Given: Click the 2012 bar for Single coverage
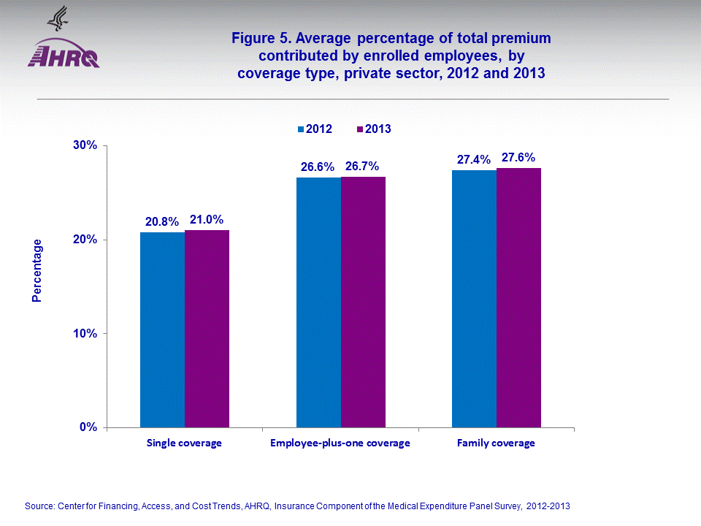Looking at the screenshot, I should [x=163, y=329].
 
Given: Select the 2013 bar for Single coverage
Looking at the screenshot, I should [x=207, y=329].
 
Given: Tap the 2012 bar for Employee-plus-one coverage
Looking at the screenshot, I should [x=318, y=302].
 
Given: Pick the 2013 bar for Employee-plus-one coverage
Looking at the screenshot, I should [x=363, y=302].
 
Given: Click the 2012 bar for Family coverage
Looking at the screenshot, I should [x=474, y=299].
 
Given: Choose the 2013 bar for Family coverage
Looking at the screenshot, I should [x=518, y=297].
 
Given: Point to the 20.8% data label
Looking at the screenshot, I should [x=161, y=221].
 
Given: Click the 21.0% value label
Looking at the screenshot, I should [x=207, y=219].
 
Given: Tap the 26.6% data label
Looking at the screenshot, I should [x=318, y=167].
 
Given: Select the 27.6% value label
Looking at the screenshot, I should [x=518, y=157].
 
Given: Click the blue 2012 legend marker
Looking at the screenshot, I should [x=300, y=129].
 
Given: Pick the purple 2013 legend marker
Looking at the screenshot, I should [x=360, y=129].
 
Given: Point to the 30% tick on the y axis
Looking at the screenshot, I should [x=85, y=145].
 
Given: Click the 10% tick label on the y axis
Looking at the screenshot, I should [x=85, y=334].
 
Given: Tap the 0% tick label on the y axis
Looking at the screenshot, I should [x=88, y=427].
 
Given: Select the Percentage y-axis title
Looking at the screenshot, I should [x=37, y=271].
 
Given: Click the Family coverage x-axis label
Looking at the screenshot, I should [x=496, y=443].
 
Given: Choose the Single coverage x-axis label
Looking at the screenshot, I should [x=184, y=443].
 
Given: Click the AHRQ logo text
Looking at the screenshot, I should [x=63, y=57].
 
